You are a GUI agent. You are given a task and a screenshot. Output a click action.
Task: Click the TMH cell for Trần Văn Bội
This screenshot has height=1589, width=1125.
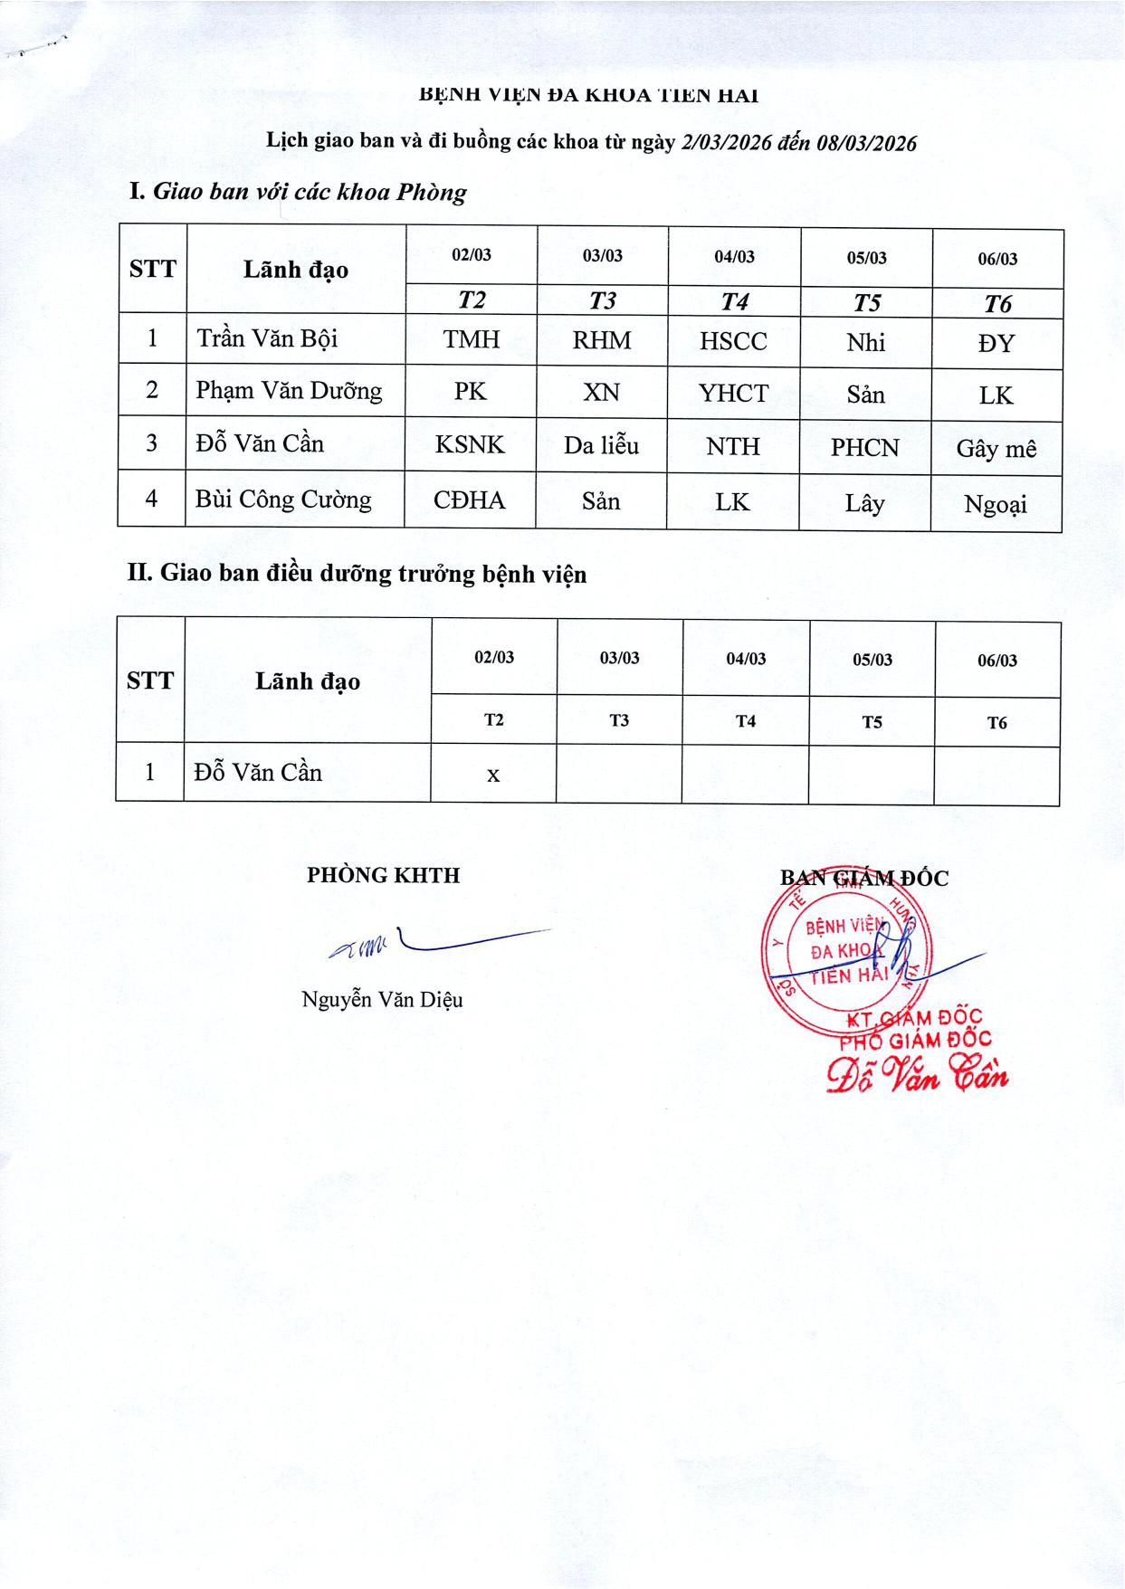point(471,339)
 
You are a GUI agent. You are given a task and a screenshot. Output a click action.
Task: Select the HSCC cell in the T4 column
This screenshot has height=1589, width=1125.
point(733,341)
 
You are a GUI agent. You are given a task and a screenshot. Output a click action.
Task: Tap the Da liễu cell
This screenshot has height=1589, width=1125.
point(601,445)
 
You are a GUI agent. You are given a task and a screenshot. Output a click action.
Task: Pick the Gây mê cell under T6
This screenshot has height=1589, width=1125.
point(996,449)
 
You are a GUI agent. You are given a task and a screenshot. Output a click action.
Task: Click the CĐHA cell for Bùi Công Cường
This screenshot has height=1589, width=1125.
point(469,500)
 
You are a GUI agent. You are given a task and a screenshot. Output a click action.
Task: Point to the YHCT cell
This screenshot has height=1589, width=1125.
point(733,394)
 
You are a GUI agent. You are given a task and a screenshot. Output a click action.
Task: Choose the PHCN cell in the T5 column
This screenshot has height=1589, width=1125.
point(865,447)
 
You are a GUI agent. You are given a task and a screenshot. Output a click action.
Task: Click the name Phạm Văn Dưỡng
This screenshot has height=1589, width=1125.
point(289,391)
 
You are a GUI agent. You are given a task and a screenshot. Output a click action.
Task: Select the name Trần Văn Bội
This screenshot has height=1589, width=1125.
point(267,338)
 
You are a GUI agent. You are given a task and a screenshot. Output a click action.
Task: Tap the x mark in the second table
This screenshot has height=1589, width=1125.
point(493,775)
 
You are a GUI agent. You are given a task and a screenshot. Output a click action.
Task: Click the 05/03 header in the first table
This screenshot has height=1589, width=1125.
point(866,258)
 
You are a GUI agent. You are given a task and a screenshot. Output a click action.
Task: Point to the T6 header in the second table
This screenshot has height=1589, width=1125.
point(996,722)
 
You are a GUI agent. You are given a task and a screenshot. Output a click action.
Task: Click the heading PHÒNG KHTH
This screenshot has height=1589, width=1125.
point(383,875)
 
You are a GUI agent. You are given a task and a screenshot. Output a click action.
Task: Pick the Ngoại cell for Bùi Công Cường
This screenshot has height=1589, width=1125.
point(996,505)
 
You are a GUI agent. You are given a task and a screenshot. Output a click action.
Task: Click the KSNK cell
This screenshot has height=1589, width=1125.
point(470,444)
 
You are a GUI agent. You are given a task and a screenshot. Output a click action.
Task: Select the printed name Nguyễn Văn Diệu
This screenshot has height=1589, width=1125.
point(382,999)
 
